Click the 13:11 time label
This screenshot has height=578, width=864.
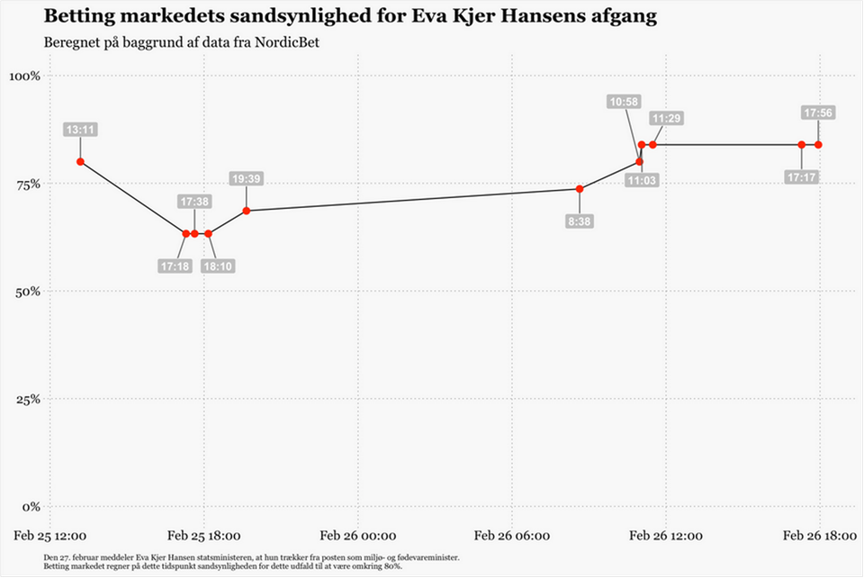[x=80, y=130]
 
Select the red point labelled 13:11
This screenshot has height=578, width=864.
[x=80, y=162]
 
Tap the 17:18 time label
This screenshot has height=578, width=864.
[x=175, y=266]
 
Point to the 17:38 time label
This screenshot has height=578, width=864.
[x=194, y=201]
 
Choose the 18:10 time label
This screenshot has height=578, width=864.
[x=217, y=266]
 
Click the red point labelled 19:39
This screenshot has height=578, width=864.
[x=247, y=211]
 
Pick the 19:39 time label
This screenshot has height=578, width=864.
[x=247, y=178]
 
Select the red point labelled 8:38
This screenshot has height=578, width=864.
[x=580, y=189]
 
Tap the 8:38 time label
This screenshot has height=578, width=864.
[x=580, y=221]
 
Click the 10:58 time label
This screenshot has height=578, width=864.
[x=624, y=102]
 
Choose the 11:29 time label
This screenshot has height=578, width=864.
[x=667, y=118]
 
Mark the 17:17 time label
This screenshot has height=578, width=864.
[x=801, y=177]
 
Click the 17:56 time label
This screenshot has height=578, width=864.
[x=818, y=113]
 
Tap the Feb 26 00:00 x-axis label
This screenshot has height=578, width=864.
[x=358, y=536]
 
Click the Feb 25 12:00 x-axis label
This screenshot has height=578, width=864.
[x=50, y=536]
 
